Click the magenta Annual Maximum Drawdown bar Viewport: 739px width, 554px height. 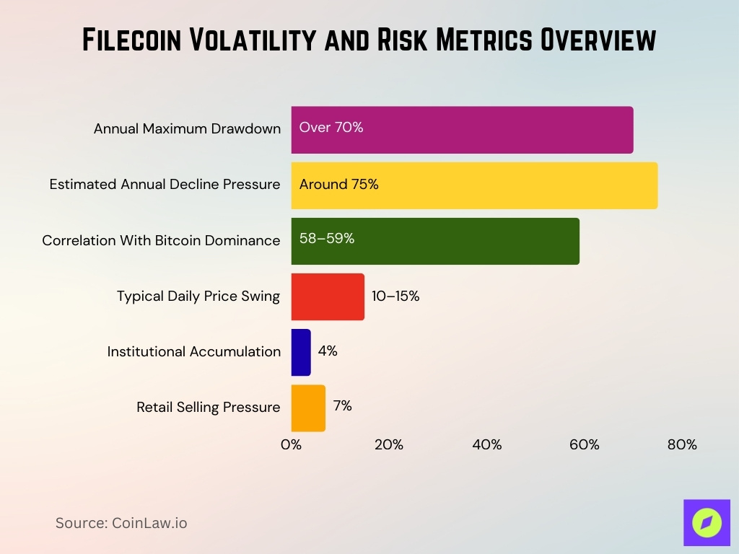(x=462, y=130)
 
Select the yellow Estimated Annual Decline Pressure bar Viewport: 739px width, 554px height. (x=474, y=185)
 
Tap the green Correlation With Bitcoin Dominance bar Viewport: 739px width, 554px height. (x=435, y=241)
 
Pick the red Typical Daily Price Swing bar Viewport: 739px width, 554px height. (x=328, y=296)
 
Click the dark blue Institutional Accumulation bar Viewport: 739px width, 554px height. (x=301, y=352)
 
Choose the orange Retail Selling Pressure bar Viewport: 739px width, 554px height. (x=308, y=408)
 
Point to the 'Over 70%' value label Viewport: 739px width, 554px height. (x=331, y=128)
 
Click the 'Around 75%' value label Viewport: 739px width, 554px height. (x=338, y=184)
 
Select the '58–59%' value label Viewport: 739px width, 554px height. (x=327, y=239)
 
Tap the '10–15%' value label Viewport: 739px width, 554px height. (x=395, y=296)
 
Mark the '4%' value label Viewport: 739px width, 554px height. (x=328, y=351)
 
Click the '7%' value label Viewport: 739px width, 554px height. (x=342, y=406)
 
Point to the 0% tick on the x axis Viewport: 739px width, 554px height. (x=291, y=445)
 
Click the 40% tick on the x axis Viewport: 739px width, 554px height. (x=486, y=445)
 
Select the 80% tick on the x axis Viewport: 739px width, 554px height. (x=682, y=445)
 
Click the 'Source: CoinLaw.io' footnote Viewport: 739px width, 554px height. (x=121, y=523)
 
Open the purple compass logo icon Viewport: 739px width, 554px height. (x=707, y=523)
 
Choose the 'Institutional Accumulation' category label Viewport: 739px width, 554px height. (x=193, y=352)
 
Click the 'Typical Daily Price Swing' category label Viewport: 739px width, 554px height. (x=198, y=296)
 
